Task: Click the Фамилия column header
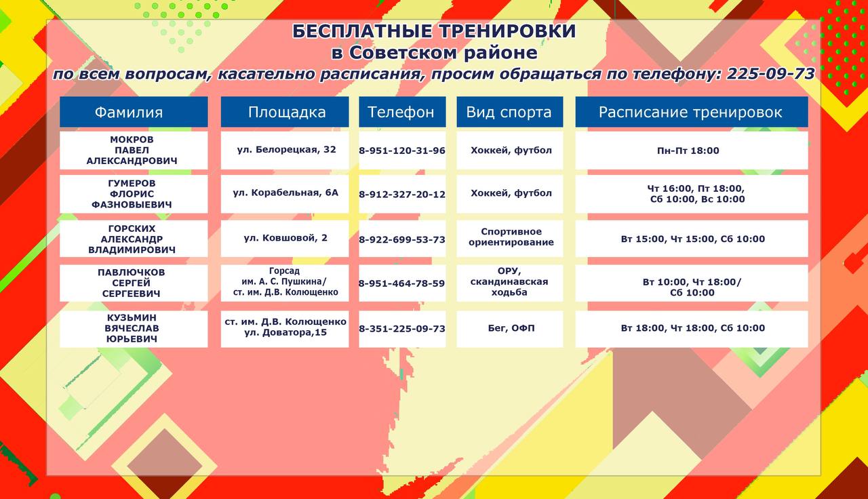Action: [x=134, y=112]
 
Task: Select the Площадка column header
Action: [x=285, y=112]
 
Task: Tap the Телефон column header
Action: [x=402, y=112]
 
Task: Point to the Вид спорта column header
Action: [x=509, y=112]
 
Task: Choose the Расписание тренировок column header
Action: [x=692, y=112]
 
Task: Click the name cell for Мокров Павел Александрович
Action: [x=134, y=151]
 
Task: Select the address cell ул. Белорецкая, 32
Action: [x=285, y=151]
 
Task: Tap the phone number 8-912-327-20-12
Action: [x=402, y=194]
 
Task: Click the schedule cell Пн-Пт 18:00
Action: [x=692, y=151]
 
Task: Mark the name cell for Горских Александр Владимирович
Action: [x=134, y=239]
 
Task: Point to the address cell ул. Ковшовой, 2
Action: [x=285, y=239]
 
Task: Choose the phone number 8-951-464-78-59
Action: [x=402, y=283]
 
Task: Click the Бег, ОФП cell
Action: [x=509, y=329]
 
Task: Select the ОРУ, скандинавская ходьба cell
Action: [x=509, y=283]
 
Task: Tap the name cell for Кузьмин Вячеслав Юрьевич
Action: [x=134, y=329]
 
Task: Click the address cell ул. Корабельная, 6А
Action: [x=285, y=194]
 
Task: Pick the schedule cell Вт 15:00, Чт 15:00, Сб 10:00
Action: [x=692, y=239]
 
